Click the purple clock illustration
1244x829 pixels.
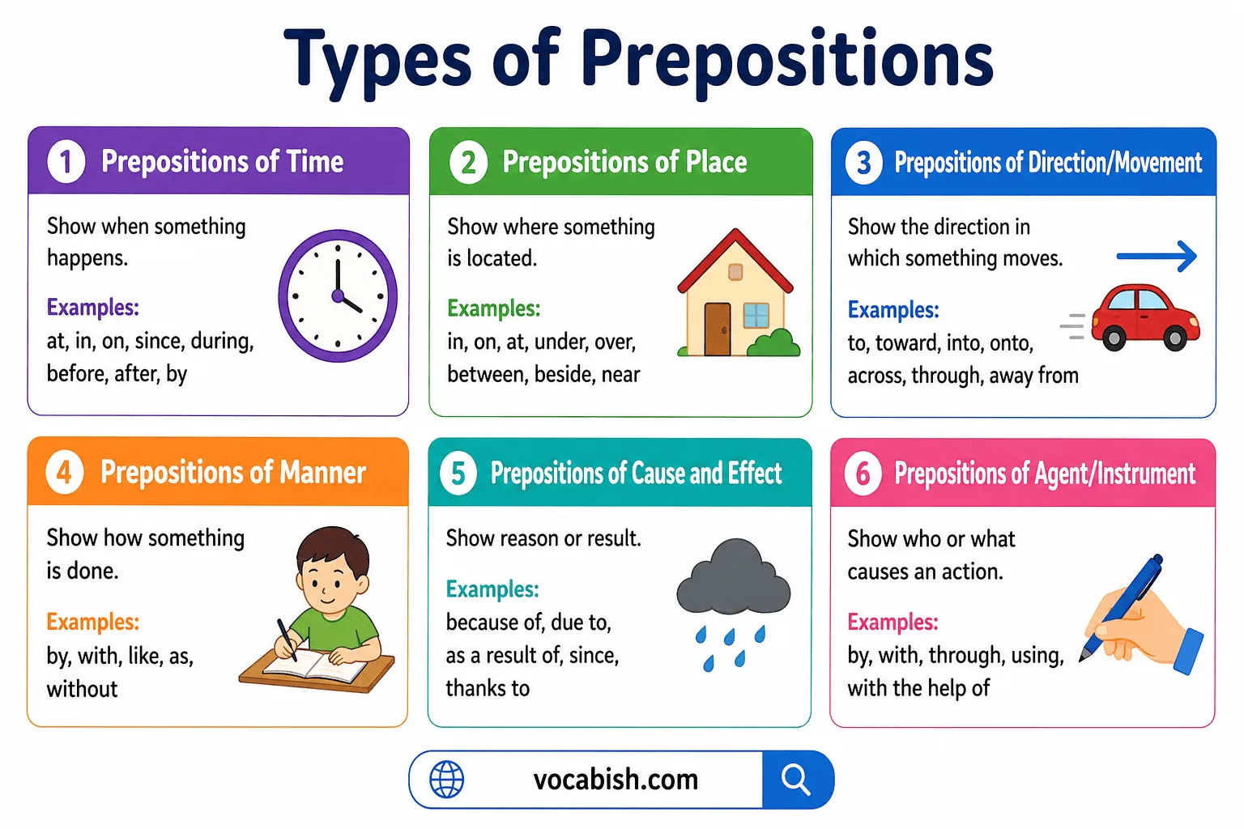click(338, 295)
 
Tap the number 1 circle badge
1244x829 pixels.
click(66, 161)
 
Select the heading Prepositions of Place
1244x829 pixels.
click(624, 162)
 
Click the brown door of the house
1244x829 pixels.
click(717, 329)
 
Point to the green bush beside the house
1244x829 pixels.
click(773, 343)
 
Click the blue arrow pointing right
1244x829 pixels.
click(1157, 257)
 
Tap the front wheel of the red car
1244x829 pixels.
click(1174, 337)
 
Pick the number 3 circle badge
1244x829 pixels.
click(864, 163)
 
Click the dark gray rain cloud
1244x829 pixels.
click(733, 579)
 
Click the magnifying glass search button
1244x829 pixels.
click(796, 780)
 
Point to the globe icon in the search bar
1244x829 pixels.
click(446, 780)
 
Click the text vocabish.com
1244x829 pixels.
click(616, 780)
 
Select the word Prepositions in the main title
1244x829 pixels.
click(786, 60)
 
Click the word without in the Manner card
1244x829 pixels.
click(83, 689)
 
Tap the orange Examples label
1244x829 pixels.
click(93, 622)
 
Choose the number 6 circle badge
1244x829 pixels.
click(863, 474)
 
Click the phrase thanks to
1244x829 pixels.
click(488, 688)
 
